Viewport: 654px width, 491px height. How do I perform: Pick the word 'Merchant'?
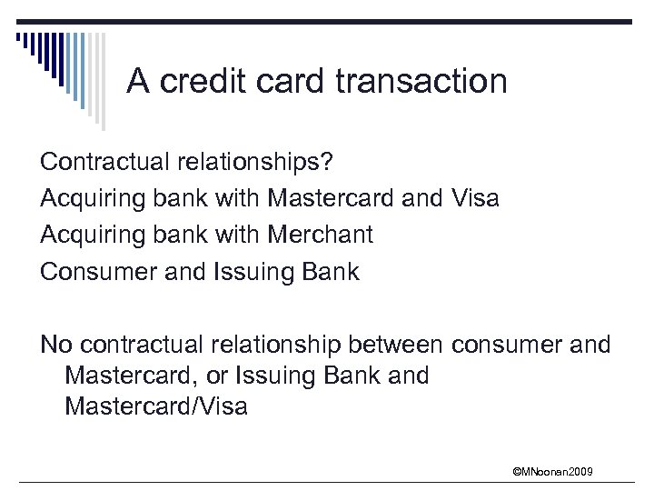coord(320,235)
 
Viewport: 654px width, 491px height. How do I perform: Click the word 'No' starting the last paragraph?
coord(56,345)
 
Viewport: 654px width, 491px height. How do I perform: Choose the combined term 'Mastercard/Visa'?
coord(156,406)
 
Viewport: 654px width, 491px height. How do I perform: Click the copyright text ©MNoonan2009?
coord(552,471)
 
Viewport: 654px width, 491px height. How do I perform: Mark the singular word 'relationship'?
coord(276,345)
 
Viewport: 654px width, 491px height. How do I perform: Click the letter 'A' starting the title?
coord(138,82)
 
